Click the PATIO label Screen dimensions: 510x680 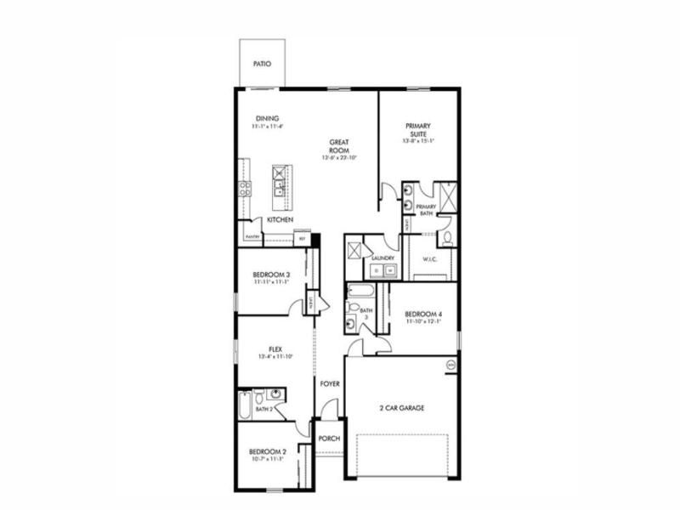coord(263,64)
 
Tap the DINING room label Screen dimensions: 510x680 coord(267,119)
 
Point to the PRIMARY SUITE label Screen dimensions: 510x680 coord(417,130)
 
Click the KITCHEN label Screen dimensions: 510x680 coord(280,220)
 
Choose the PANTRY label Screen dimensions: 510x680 coord(252,237)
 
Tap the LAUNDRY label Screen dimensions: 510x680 coord(382,257)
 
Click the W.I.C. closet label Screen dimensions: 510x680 coord(430,259)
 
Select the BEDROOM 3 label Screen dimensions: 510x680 coord(271,275)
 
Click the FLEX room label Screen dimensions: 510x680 coord(275,349)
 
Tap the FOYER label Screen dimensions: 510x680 coord(330,384)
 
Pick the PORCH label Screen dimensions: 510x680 coord(329,439)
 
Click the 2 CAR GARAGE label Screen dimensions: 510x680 coord(401,408)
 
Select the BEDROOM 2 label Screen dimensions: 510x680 coord(267,451)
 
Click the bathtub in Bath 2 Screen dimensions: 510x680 coord(245,405)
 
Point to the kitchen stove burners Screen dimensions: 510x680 coord(245,188)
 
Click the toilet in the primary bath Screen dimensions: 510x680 coord(448,235)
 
